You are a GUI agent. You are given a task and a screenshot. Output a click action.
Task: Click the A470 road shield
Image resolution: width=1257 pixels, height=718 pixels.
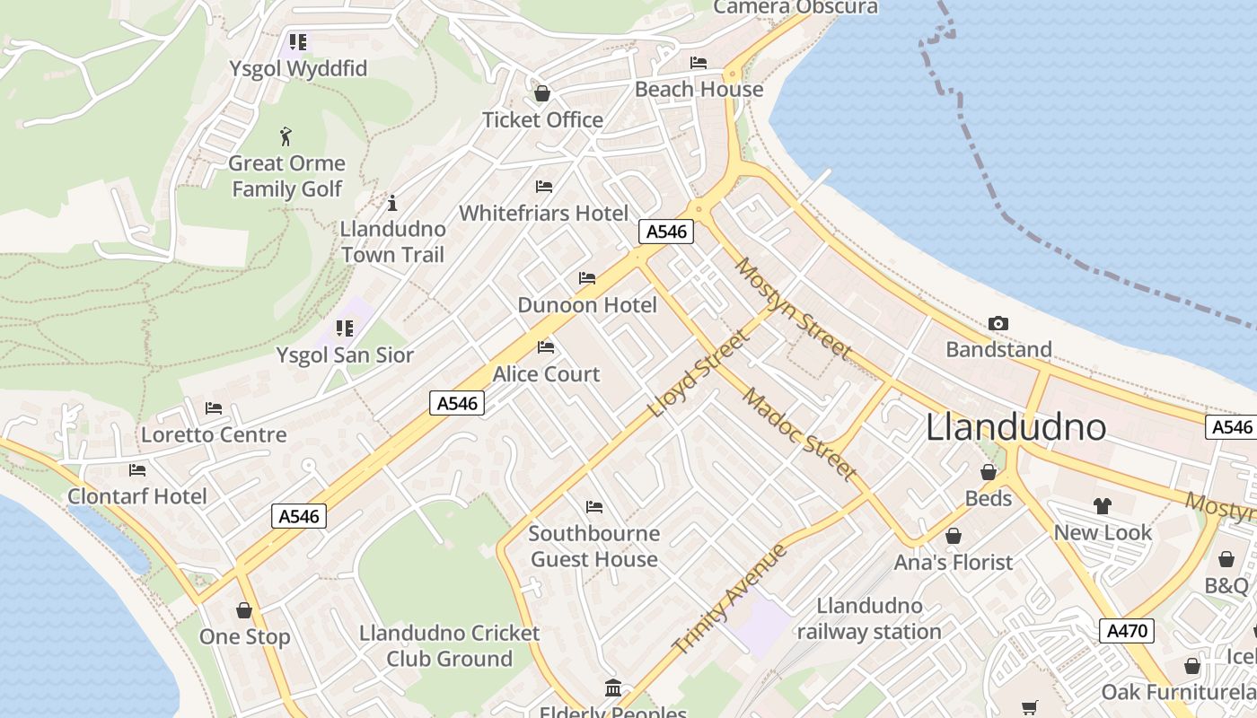1127,631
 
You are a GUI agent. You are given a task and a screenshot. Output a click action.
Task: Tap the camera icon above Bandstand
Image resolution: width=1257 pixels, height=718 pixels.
998,323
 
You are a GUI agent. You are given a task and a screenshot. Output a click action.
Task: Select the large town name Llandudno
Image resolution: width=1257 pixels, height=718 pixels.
1015,426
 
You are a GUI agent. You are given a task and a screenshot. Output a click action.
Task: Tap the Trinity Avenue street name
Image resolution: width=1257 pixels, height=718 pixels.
729,599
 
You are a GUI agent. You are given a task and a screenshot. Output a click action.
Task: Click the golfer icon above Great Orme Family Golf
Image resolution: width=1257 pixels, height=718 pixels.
286,136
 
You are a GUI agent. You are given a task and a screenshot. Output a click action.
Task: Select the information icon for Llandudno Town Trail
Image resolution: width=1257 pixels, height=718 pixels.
391,203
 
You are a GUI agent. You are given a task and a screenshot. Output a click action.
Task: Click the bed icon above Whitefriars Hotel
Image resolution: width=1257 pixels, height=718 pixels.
543,187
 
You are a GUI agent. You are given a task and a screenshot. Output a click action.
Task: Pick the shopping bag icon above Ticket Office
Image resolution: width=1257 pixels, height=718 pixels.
542,93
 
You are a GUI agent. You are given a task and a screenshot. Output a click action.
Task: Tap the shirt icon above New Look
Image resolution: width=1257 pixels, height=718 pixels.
1102,506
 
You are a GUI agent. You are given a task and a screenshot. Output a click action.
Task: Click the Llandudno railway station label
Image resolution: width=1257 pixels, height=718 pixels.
869,619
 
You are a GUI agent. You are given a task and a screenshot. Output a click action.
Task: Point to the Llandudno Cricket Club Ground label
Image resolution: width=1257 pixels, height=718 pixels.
449,645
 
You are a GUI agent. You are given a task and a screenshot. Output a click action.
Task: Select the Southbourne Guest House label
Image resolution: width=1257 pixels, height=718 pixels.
594,546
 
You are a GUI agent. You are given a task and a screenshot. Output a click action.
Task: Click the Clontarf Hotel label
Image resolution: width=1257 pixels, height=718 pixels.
137,496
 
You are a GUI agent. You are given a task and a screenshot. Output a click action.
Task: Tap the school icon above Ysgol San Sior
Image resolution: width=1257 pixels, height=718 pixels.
345,328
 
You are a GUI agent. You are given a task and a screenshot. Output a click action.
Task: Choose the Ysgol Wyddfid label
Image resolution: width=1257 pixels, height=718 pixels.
298,69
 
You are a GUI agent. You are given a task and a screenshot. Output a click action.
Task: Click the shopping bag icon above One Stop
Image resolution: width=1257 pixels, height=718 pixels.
244,611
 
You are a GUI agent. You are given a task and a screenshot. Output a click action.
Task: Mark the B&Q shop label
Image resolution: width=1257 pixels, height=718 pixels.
1226,586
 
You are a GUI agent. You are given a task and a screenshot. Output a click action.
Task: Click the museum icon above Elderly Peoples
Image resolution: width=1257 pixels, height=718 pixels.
613,688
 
